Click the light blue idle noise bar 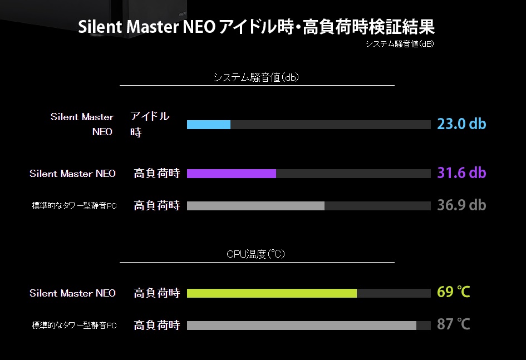coord(209,125)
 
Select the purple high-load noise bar coord(232,174)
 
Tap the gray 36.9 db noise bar coord(255,206)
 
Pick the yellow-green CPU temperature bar coord(272,293)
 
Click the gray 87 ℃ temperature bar coord(302,326)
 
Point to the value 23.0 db coord(461,124)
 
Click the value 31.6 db coord(461,173)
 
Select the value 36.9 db coord(461,205)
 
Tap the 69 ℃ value coord(454,292)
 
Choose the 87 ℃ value coord(454,324)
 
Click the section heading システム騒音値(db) coord(256,77)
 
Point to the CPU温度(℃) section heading coord(256,254)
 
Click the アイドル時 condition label coord(149,124)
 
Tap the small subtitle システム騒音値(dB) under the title coord(399,44)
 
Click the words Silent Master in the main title coord(129,27)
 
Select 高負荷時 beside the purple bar coord(157,174)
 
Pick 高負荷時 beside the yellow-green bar coord(157,293)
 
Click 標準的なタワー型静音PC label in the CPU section coord(74,326)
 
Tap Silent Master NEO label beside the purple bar coord(72,174)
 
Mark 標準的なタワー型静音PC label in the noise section coord(74,206)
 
